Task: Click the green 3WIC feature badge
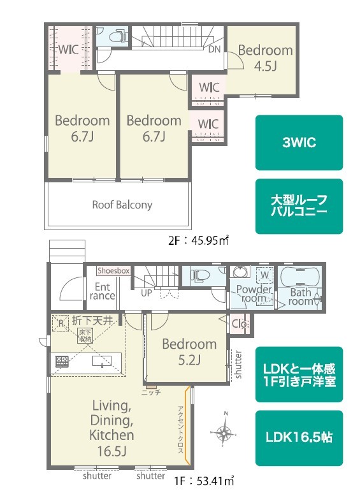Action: tap(299, 142)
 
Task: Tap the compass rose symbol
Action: tap(224, 431)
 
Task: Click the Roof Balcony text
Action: tap(122, 205)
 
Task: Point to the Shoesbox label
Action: tap(114, 271)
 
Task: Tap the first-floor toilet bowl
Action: tap(199, 275)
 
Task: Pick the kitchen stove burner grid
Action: tap(62, 361)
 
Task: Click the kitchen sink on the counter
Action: tap(102, 361)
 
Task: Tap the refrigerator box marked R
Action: tap(61, 324)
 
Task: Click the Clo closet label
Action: tap(239, 324)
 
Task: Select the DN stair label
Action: tap(215, 49)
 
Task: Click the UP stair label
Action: tap(147, 293)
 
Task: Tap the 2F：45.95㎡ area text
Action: tap(199, 241)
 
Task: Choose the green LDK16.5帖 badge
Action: tap(299, 438)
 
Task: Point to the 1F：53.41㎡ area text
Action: tap(204, 481)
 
